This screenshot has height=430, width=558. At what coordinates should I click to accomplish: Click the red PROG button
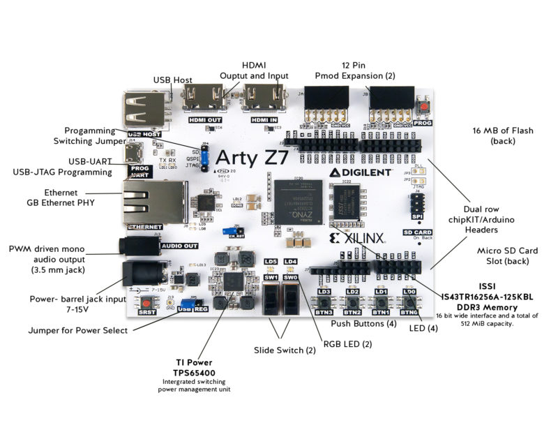[x=422, y=107]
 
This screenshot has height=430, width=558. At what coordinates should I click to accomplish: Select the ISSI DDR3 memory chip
[x=347, y=205]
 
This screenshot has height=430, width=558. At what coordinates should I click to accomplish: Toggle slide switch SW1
[x=272, y=300]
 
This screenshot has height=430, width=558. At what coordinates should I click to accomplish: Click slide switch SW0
[x=290, y=300]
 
